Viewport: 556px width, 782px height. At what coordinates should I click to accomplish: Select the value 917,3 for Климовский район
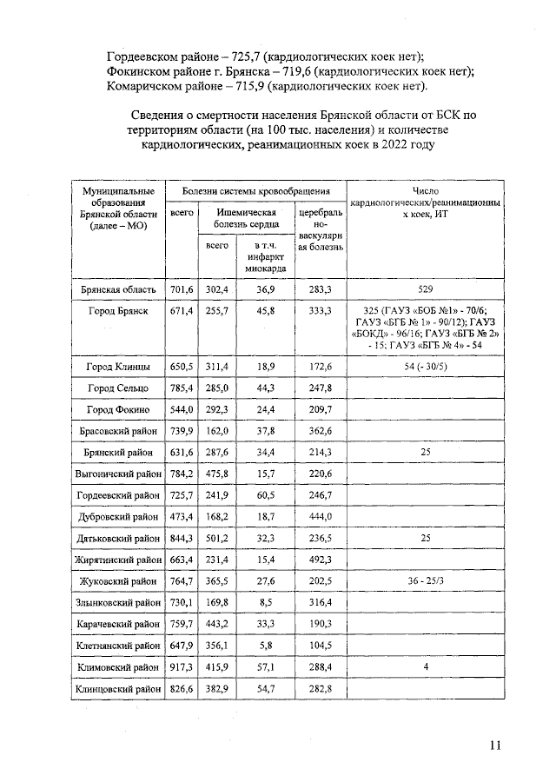click(182, 666)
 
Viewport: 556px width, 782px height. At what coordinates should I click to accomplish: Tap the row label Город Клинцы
click(118, 368)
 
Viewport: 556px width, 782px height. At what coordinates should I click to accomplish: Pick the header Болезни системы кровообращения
click(255, 190)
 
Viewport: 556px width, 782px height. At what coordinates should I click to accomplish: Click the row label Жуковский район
click(118, 580)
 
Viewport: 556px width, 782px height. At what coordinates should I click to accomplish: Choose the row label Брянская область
click(118, 289)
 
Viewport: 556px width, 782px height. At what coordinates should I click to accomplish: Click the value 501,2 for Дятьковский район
click(217, 538)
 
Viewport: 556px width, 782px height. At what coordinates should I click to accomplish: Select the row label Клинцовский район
click(118, 688)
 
